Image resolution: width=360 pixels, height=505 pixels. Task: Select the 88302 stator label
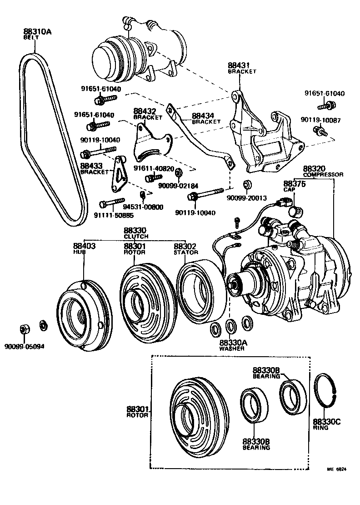coord(186,246)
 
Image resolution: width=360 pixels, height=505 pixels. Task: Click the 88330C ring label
coord(326,422)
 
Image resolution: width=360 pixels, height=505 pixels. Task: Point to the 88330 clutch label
coord(136,231)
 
